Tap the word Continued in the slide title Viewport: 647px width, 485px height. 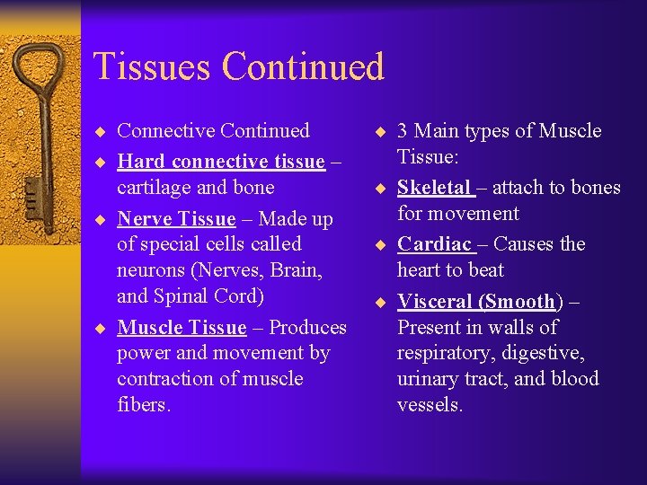coord(303,66)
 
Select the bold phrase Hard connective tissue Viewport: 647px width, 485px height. coord(221,162)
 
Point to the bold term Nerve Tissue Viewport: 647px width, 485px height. coord(176,219)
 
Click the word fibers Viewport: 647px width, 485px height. coord(143,405)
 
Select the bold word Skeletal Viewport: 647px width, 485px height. coord(434,188)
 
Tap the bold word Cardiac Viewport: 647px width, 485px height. coord(434,244)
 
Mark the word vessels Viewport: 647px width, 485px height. coord(430,405)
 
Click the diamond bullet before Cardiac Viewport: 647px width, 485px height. coord(381,245)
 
